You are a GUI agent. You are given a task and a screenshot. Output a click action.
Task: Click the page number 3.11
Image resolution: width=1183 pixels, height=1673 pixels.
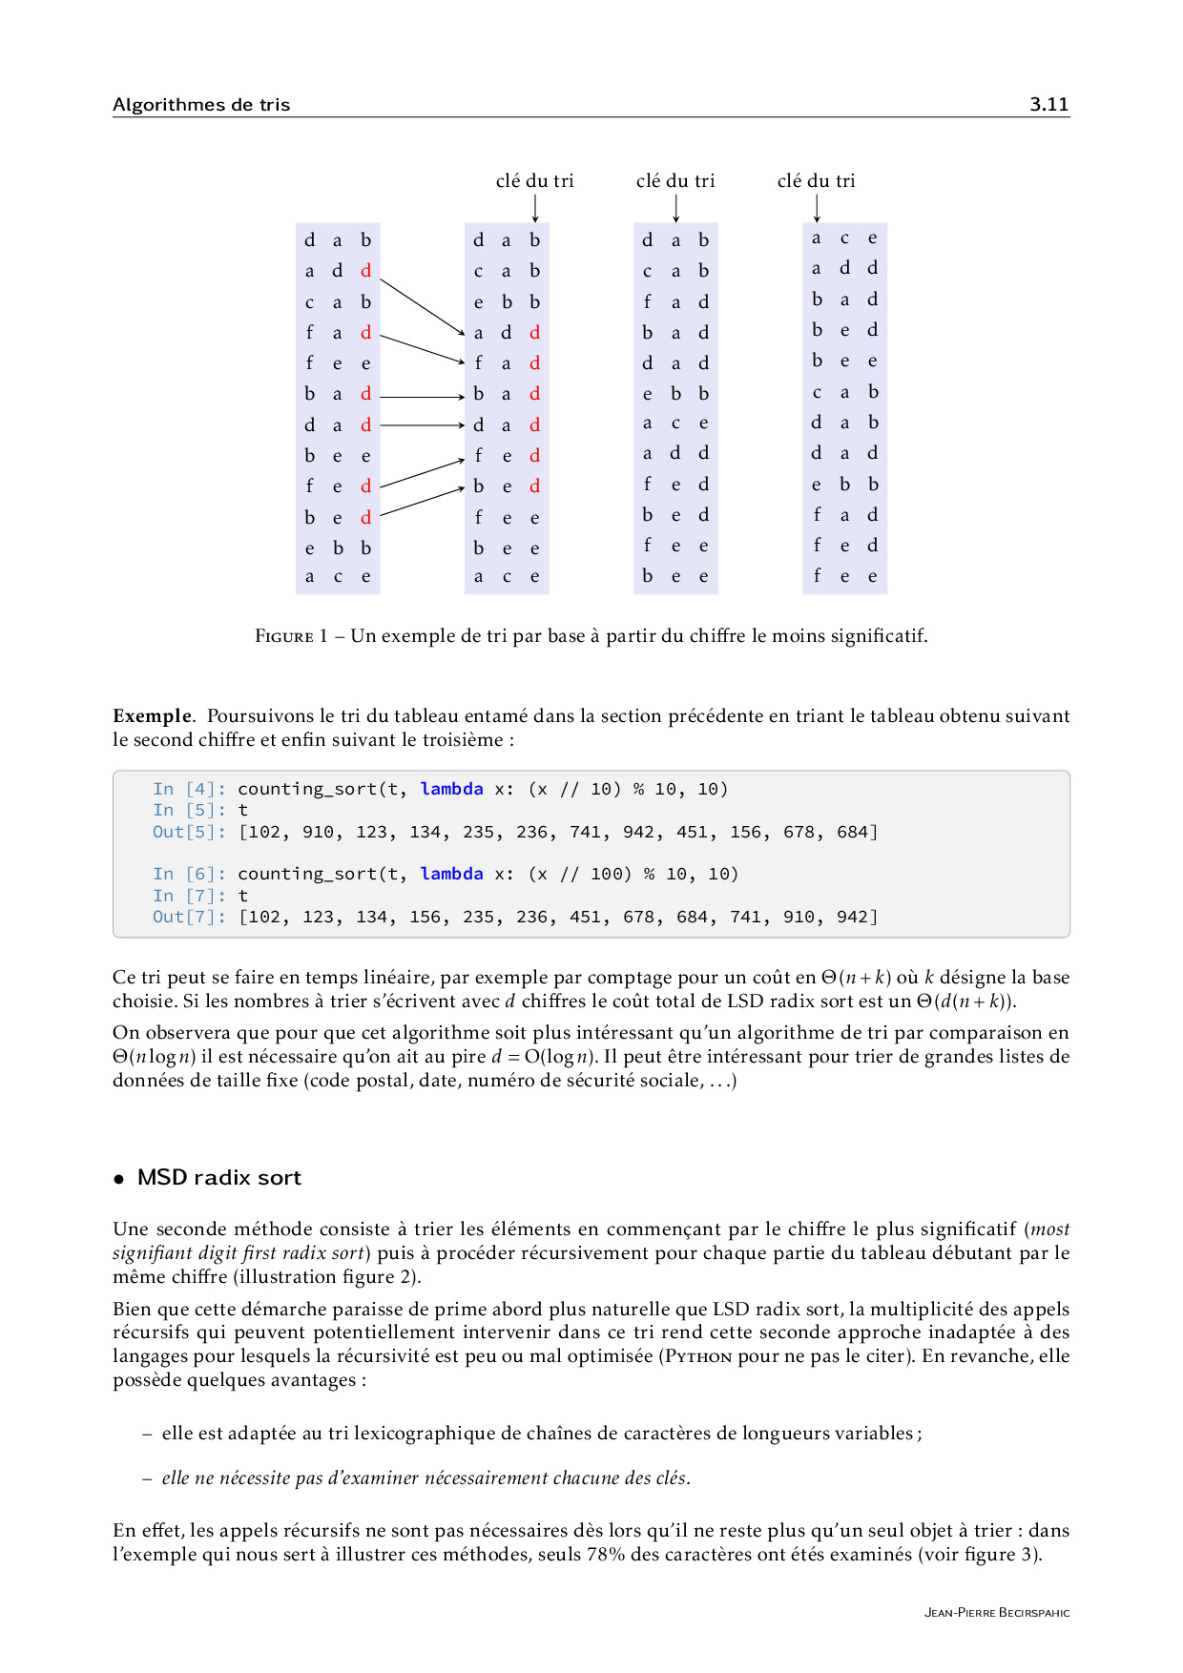(x=1048, y=104)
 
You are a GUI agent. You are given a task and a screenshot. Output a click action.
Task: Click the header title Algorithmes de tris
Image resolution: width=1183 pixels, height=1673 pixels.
(x=201, y=104)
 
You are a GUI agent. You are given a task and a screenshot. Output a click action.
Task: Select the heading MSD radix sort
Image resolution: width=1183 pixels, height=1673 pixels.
(x=218, y=1177)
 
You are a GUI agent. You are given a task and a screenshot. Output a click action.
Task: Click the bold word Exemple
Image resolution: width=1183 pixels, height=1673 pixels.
(x=152, y=715)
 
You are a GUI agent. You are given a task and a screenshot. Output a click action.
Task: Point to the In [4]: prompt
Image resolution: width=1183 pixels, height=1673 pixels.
(x=189, y=789)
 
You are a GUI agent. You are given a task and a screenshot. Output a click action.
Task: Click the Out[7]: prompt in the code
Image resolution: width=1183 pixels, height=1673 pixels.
(x=189, y=917)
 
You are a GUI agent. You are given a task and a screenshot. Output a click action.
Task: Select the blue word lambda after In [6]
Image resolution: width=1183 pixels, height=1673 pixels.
(x=451, y=874)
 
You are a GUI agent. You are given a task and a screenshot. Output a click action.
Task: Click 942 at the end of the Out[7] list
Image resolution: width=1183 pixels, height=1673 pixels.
(x=852, y=917)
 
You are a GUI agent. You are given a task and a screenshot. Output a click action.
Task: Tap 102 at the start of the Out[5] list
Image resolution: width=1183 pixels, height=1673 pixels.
(x=265, y=832)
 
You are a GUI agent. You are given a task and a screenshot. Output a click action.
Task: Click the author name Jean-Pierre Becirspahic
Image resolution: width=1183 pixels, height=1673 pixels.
(x=996, y=1613)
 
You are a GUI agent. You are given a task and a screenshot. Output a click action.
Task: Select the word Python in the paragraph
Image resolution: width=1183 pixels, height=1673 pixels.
(x=698, y=1356)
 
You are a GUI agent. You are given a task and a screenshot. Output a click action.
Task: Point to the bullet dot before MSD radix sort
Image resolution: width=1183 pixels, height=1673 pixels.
(x=119, y=1179)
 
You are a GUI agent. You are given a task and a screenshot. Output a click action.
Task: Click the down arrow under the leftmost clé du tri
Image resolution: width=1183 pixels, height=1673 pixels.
(x=535, y=208)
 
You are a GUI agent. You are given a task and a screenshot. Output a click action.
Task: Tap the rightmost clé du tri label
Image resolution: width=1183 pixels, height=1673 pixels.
(x=816, y=180)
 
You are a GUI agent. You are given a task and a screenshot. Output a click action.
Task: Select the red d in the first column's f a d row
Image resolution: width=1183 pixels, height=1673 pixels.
(x=365, y=333)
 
